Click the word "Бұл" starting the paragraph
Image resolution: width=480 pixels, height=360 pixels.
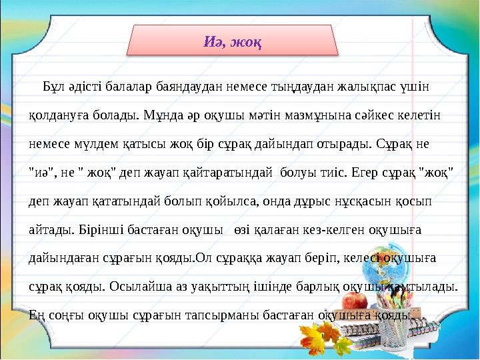55,87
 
